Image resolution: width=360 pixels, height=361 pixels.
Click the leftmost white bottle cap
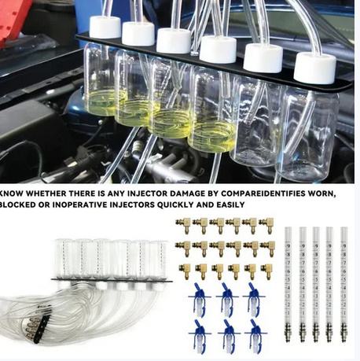(105, 27)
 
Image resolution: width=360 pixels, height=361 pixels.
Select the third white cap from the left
(174, 41)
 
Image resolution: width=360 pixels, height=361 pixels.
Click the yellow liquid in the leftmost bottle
(104, 103)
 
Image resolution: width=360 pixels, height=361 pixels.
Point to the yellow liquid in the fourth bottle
(214, 137)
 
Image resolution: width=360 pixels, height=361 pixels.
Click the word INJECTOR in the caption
(147, 193)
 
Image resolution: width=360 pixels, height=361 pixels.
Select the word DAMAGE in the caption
(187, 193)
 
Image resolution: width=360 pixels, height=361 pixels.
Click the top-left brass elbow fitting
(184, 225)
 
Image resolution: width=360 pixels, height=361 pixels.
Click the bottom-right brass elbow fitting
(267, 271)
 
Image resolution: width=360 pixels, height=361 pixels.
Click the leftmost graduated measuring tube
(288, 285)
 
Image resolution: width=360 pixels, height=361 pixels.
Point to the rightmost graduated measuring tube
(344, 285)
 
